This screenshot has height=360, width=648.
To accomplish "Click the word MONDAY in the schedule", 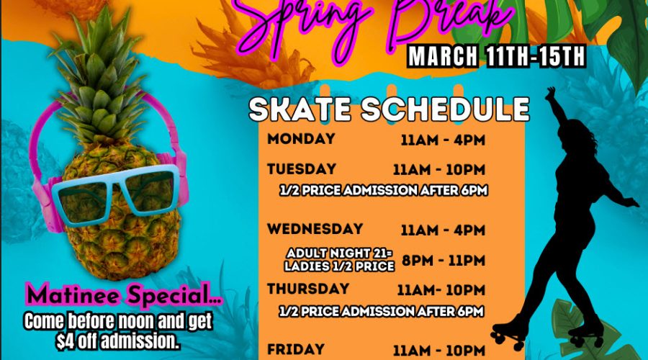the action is click(x=301, y=138).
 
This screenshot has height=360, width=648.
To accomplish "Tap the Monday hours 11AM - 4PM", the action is click(x=443, y=140).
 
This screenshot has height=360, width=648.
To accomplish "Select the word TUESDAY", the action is click(x=301, y=169).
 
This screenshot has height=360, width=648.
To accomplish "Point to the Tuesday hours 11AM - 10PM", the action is click(x=439, y=169).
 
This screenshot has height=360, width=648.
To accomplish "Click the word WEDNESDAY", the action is click(x=315, y=229).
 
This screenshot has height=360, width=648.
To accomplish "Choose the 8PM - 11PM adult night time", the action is click(x=444, y=261).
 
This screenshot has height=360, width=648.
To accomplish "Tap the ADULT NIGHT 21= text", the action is click(x=339, y=253).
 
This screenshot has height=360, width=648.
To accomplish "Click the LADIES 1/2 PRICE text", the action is click(x=339, y=266).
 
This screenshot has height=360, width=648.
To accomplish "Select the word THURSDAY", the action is click(x=308, y=289).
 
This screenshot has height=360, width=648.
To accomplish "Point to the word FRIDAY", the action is click(x=295, y=349).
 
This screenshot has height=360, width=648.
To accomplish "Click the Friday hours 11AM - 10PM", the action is click(x=439, y=351).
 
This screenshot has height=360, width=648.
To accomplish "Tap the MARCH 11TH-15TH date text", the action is click(x=496, y=56).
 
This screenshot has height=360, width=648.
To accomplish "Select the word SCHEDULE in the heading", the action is click(x=445, y=109).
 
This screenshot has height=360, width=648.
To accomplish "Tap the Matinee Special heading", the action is click(x=124, y=294).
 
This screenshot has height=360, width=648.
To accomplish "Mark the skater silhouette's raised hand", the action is click(x=550, y=94).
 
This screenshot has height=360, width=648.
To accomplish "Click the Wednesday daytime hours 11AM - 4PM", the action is click(x=443, y=230).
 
